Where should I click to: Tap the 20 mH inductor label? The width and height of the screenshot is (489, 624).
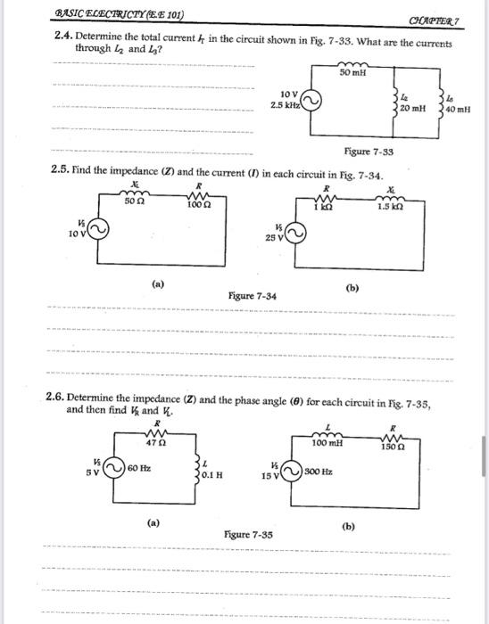click(x=413, y=107)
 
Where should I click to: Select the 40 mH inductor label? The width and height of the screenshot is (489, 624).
click(x=457, y=111)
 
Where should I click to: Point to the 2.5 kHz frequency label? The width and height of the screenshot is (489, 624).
click(x=286, y=104)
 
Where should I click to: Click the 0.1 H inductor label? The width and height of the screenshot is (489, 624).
click(x=211, y=475)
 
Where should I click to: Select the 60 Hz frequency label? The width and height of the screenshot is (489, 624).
click(x=139, y=467)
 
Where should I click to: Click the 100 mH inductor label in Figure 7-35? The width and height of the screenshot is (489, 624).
click(x=327, y=442)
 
